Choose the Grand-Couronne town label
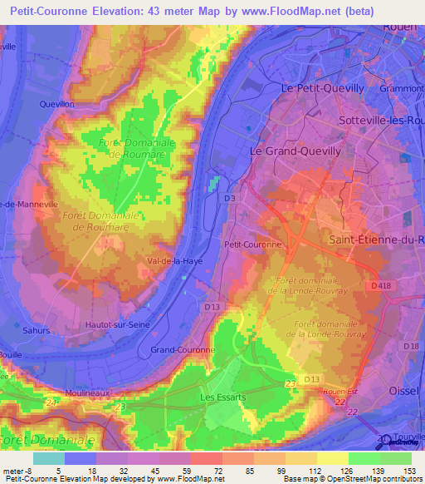point(182,350)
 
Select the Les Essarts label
point(222,398)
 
